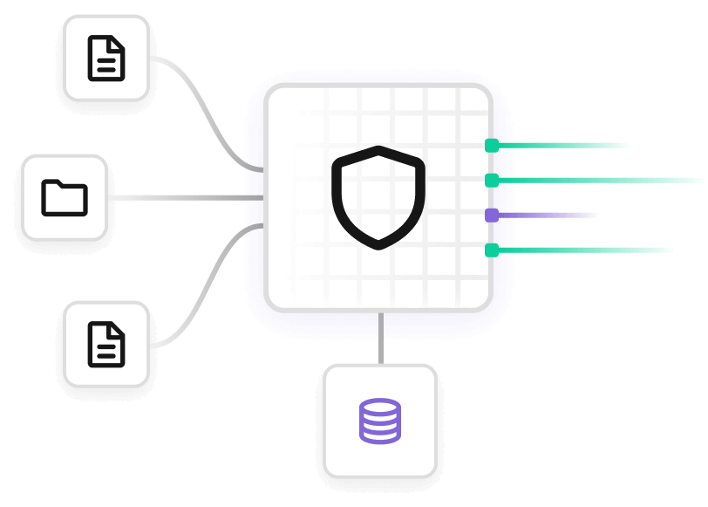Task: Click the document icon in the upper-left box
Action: (x=106, y=58)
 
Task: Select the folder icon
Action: (x=65, y=197)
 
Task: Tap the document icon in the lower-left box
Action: (x=106, y=344)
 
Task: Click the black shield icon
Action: (x=378, y=197)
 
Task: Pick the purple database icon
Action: (x=380, y=421)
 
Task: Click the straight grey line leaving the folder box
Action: (x=183, y=198)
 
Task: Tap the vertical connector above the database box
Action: (x=380, y=339)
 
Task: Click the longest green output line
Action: (x=602, y=181)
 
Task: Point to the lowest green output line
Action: (x=584, y=250)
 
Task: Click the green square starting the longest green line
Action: (x=492, y=181)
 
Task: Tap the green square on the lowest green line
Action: (x=492, y=250)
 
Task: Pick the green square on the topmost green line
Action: (x=492, y=145)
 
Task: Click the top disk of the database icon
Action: (x=380, y=407)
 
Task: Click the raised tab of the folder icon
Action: (x=54, y=183)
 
